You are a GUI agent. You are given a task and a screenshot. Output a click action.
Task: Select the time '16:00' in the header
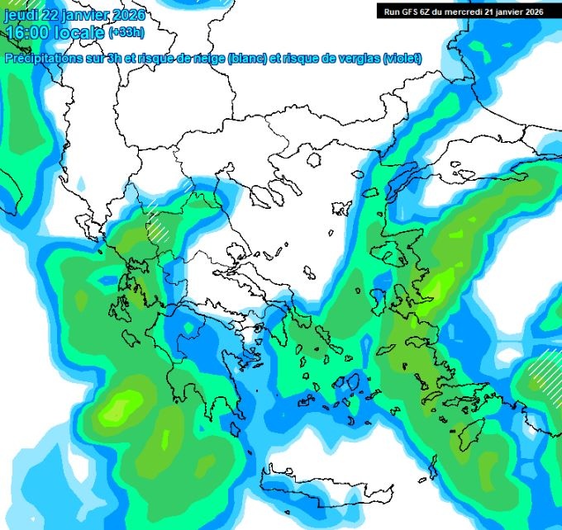[26, 32]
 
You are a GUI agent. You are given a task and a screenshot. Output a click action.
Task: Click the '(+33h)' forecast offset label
[129, 33]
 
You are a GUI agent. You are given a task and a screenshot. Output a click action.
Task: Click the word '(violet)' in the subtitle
[402, 59]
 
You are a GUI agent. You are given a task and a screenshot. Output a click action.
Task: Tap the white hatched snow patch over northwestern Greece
[157, 224]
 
